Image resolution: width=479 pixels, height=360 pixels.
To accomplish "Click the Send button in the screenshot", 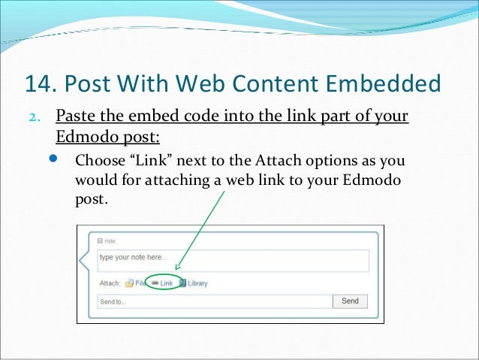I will pyautogui.click(x=350, y=301).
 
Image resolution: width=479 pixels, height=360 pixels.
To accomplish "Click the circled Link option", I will pyautogui.click(x=161, y=283).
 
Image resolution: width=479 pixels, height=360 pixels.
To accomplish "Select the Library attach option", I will pyautogui.click(x=194, y=283).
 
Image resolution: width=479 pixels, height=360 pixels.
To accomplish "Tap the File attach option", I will pyautogui.click(x=135, y=283).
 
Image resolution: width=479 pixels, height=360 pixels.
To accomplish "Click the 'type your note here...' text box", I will pyautogui.click(x=233, y=261).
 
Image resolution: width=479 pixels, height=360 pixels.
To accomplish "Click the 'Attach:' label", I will pyautogui.click(x=110, y=283).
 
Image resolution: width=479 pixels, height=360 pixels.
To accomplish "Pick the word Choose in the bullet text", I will pyautogui.click(x=101, y=162).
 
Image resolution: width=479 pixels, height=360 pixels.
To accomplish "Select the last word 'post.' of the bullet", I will pyautogui.click(x=92, y=201).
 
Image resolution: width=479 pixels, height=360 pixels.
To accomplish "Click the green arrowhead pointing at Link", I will pyautogui.click(x=177, y=268).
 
